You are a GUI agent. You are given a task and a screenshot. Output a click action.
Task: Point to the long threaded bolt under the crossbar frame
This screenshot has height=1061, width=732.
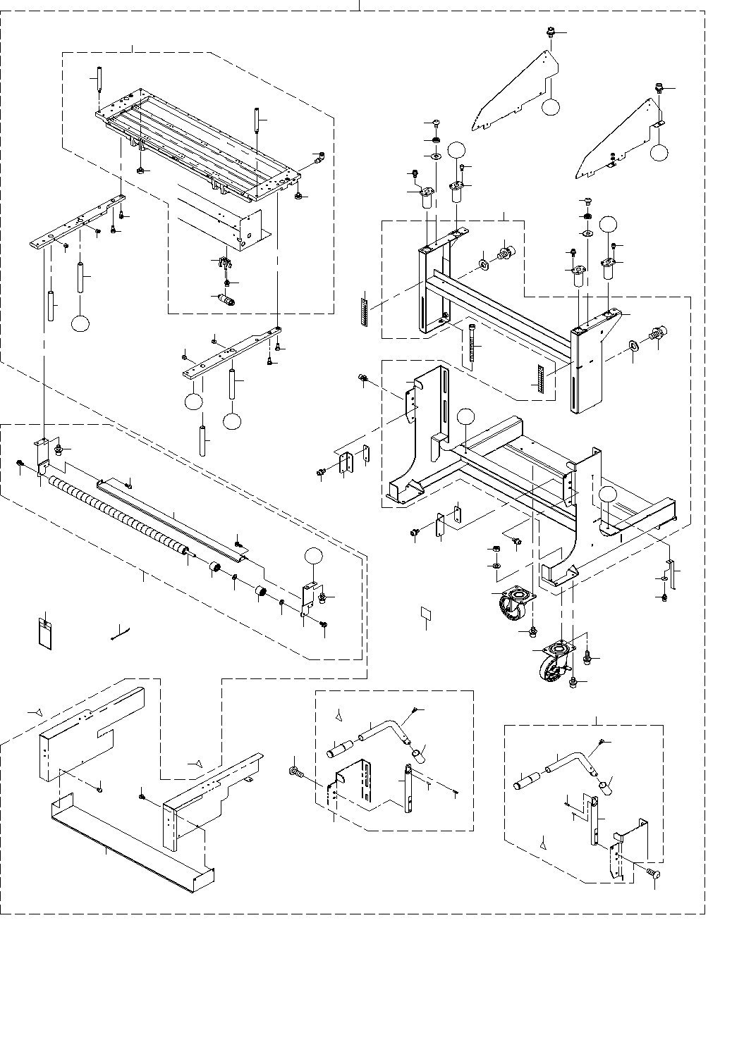[471, 345]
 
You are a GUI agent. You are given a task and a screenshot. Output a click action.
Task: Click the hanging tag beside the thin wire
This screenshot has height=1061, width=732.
[44, 632]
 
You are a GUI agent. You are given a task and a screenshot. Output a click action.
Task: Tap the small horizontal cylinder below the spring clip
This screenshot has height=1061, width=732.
[226, 299]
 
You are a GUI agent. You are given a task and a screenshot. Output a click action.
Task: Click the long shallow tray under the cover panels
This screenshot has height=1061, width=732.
[130, 845]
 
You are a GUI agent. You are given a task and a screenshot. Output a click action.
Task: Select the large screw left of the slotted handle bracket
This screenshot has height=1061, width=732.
[295, 773]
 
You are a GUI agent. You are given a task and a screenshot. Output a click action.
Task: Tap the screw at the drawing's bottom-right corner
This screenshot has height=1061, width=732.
[652, 874]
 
